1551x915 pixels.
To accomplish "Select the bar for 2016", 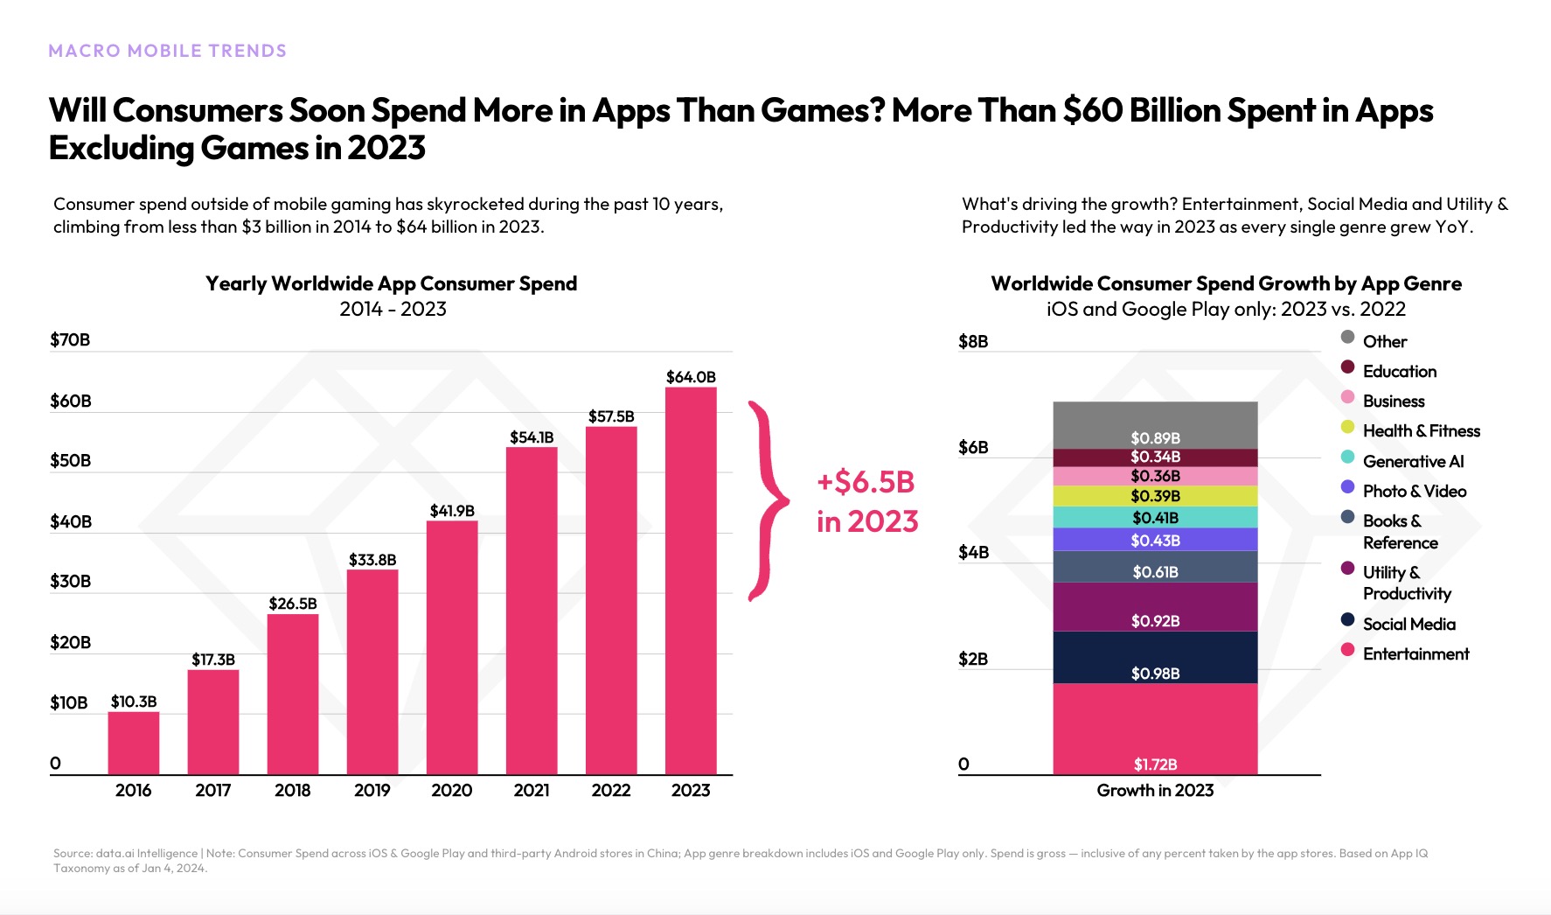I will coord(134,743).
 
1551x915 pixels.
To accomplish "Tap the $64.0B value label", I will coord(691,377).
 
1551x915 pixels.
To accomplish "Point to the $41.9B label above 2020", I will coord(452,511).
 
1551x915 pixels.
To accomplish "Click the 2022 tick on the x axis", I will coord(610,791).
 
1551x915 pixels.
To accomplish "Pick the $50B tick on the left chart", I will coord(70,461).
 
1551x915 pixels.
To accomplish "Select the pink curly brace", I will coord(769,501).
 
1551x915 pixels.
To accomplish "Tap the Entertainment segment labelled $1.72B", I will coord(1155,729).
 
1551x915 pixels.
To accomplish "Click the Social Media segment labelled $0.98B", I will coord(1155,657).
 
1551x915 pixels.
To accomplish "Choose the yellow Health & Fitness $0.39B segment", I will coord(1155,496).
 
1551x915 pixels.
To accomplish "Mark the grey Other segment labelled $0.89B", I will coord(1155,426).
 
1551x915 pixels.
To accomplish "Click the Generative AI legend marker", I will coord(1347,457).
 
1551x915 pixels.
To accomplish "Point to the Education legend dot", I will coord(1347,367).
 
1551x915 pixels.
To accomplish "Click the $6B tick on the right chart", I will coord(973,448).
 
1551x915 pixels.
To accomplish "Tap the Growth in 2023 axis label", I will coord(1155,791).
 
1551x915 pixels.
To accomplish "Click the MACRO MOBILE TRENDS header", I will coord(167,51).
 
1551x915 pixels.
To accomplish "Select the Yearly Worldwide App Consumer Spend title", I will coord(391,283).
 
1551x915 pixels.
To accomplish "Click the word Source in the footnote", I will coord(73,854).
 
